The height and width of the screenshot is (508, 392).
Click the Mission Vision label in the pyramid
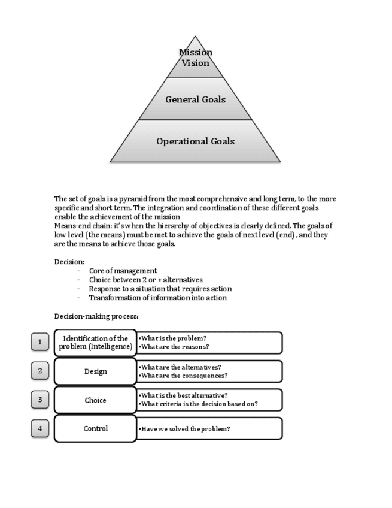(196, 58)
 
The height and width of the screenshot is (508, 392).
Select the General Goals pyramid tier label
(196, 99)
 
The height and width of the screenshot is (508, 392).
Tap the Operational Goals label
(196, 141)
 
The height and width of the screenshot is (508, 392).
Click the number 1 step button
(40, 342)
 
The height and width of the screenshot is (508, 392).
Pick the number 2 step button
(40, 371)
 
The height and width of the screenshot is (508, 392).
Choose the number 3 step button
(40, 400)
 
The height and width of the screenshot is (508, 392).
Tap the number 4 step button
(40, 428)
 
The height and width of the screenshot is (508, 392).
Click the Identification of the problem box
(96, 343)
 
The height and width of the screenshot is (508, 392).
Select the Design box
(96, 371)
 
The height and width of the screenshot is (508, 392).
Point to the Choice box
(96, 400)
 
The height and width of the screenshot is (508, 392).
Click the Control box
(96, 428)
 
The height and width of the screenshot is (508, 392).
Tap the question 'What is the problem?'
(174, 338)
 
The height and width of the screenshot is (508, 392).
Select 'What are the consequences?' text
(183, 376)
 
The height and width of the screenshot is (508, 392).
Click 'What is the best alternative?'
(183, 395)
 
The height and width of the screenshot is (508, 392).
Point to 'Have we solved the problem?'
(185, 429)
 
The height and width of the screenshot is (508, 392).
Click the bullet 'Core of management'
(123, 271)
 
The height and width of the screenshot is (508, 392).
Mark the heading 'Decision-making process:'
(96, 316)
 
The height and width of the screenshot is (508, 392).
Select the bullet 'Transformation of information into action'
(157, 298)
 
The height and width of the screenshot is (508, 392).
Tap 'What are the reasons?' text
(174, 347)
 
